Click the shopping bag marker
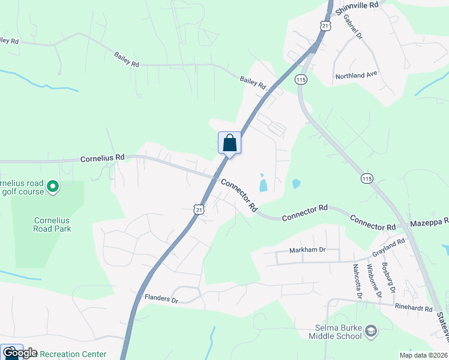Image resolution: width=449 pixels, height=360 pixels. [x=229, y=143]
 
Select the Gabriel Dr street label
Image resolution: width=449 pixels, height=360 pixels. [x=353, y=27]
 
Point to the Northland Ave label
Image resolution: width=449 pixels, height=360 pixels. [x=356, y=75]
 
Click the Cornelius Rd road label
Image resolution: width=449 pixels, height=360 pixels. [x=103, y=158]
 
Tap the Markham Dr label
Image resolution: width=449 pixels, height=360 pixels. [x=307, y=250]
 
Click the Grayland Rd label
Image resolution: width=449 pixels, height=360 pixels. [x=388, y=247]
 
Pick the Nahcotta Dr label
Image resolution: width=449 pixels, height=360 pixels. [x=357, y=281]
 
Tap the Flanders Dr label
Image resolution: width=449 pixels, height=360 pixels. [x=161, y=298]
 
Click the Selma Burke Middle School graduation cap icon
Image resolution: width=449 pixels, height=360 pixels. [x=372, y=330]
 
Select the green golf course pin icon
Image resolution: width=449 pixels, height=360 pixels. [x=53, y=187]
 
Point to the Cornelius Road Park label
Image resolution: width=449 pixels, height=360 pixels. [x=52, y=224]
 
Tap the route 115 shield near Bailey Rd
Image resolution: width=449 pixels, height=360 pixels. [x=301, y=79]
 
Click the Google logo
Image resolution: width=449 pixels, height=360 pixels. [x=19, y=353]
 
